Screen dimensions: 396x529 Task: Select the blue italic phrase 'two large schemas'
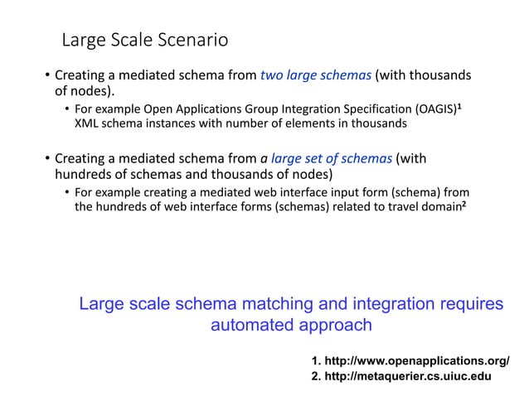point(316,75)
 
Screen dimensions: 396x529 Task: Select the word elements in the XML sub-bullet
point(326,124)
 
